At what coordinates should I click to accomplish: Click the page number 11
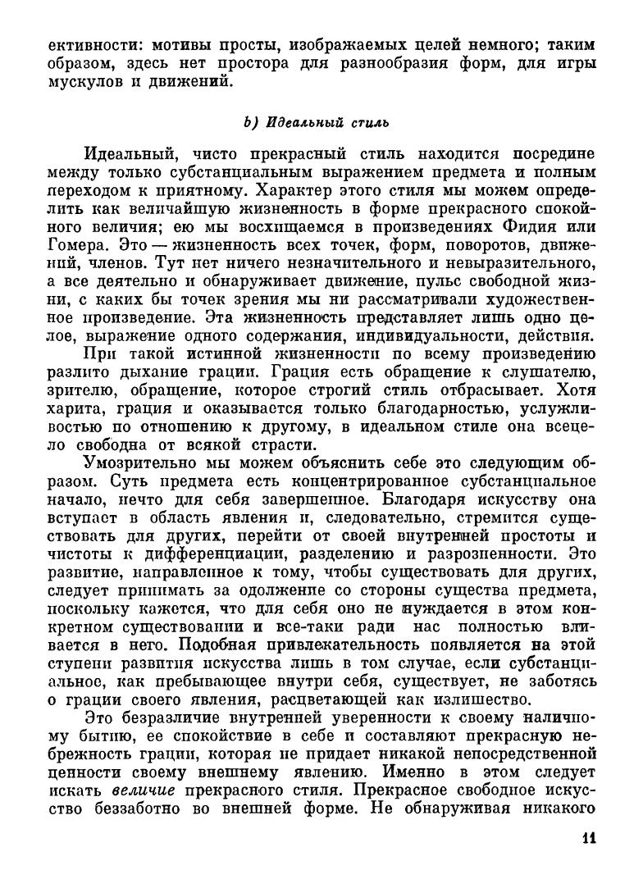click(587, 837)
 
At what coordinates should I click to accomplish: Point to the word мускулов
click(82, 82)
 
